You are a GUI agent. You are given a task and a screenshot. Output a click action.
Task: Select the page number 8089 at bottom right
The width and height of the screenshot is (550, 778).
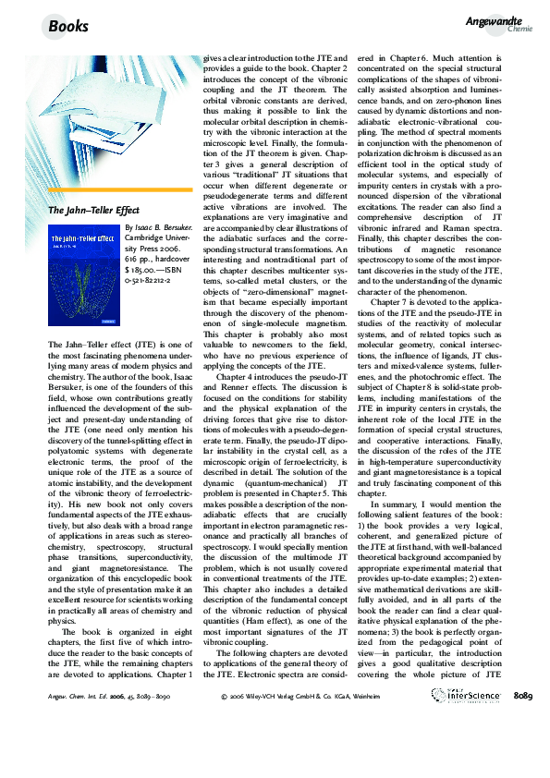(x=522, y=747)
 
